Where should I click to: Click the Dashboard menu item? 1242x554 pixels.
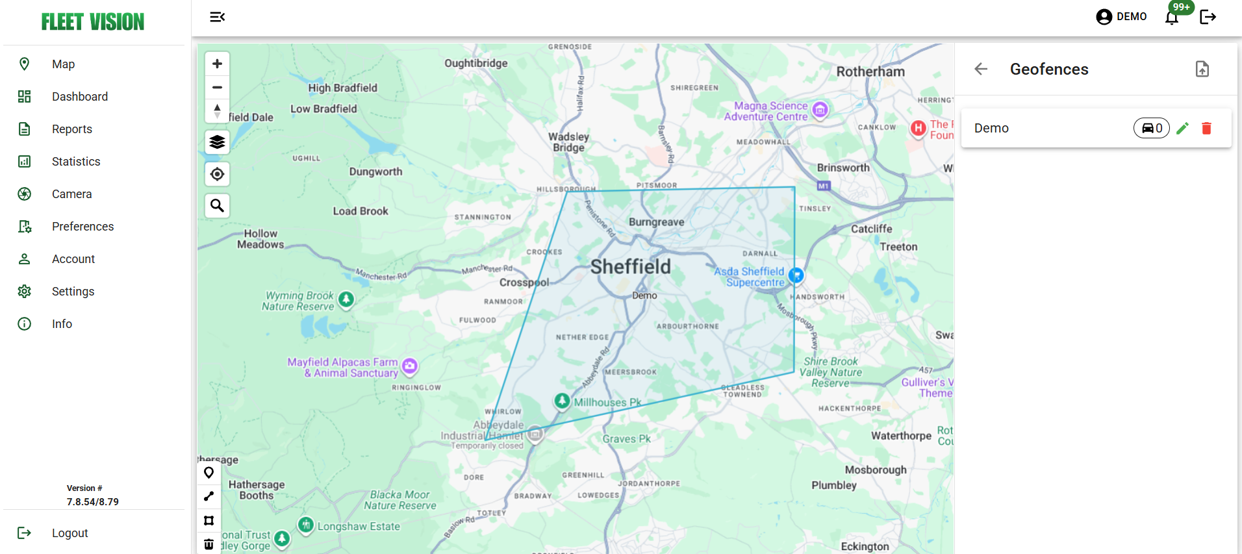click(79, 97)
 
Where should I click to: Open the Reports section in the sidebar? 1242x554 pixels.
click(71, 129)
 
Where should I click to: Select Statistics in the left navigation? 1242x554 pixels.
click(75, 162)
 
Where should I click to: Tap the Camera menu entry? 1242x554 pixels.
click(71, 194)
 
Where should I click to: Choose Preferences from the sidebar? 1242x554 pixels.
click(82, 227)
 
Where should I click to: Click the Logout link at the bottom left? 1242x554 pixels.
click(69, 533)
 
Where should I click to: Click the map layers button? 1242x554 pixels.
click(217, 142)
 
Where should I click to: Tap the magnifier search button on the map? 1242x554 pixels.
click(217, 206)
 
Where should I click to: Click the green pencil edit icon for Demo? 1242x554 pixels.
click(1182, 129)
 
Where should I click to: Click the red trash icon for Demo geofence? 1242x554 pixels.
click(1206, 129)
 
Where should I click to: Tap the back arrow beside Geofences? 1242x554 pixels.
click(981, 69)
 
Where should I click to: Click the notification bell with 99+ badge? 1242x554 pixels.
click(1172, 17)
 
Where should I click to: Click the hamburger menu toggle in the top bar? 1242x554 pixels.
click(217, 17)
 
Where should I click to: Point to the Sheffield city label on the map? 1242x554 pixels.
click(630, 266)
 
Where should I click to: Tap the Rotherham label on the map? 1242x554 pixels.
click(870, 71)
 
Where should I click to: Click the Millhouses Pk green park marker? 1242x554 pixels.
click(562, 401)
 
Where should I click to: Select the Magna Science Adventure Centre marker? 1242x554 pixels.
click(820, 110)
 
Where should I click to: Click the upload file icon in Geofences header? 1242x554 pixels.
click(1202, 69)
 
